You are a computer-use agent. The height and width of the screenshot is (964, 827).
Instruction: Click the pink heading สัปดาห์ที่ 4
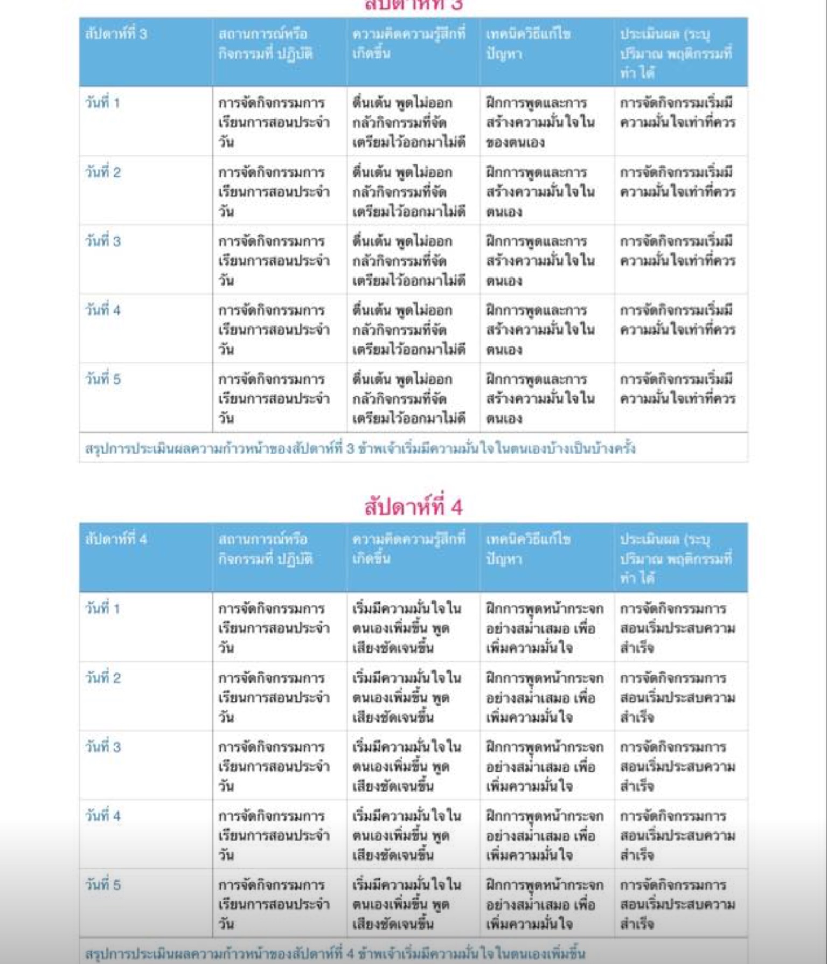coord(413,507)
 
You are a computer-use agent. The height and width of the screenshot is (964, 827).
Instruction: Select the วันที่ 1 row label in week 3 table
coord(102,103)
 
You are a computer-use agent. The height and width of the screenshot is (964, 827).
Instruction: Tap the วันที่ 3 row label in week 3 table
coord(102,241)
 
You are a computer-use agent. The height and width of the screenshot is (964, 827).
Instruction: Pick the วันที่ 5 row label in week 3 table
coord(102,379)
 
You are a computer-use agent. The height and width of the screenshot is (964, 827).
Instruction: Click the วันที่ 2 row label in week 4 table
coord(102,678)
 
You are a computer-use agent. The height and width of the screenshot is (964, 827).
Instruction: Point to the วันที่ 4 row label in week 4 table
coord(102,816)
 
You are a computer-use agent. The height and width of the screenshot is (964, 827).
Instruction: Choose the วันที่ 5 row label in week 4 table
coord(102,885)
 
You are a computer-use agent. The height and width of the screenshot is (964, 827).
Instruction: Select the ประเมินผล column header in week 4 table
coord(676,558)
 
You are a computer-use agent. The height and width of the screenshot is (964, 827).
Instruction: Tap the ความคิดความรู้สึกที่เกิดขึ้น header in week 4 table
coord(408,549)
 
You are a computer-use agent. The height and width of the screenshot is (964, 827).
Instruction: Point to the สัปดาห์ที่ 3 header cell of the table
coord(116,34)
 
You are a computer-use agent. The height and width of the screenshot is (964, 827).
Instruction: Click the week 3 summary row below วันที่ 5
coord(360,448)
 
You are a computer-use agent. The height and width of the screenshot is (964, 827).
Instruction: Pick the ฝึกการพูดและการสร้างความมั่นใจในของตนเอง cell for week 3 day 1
coord(540,122)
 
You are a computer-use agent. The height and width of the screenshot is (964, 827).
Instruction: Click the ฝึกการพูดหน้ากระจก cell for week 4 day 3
coord(544,766)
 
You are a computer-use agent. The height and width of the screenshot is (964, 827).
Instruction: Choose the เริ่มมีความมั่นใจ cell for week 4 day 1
coord(407,628)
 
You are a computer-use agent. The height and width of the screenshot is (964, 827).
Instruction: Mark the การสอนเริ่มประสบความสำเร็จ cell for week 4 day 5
coord(677,904)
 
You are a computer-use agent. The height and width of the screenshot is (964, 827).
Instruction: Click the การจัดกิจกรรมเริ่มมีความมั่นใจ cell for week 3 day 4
coord(677,320)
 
